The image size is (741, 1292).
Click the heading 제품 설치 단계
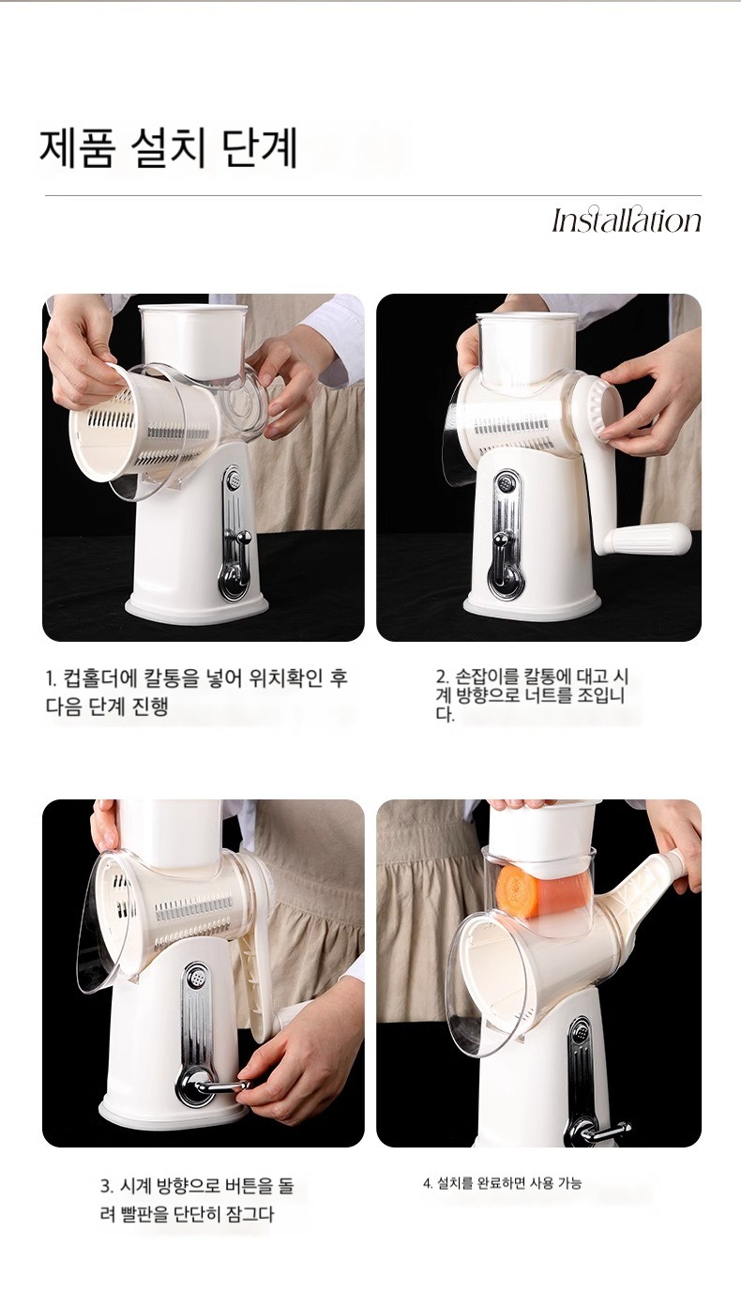tap(168, 149)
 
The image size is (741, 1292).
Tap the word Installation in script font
tap(627, 220)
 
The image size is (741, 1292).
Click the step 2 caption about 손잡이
tap(532, 694)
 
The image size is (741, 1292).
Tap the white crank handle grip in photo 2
tap(651, 540)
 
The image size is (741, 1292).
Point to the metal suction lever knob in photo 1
tap(243, 537)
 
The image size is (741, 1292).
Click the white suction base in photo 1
tap(197, 608)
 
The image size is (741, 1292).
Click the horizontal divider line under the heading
tap(373, 196)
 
